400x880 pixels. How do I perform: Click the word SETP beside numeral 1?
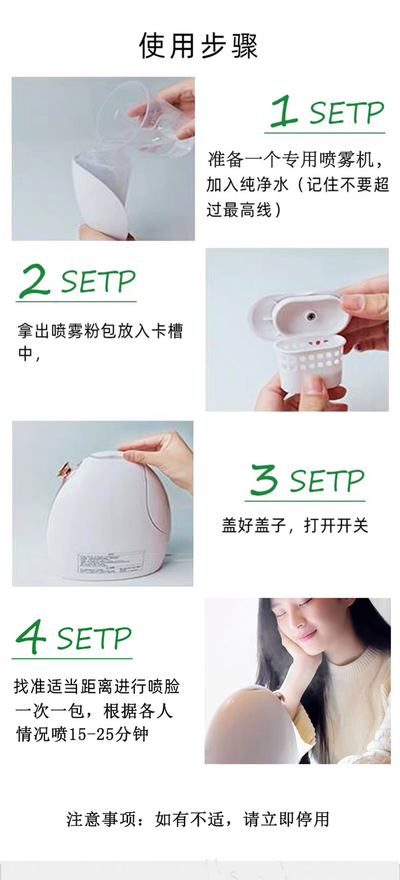click(x=347, y=113)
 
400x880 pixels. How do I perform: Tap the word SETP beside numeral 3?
click(x=327, y=481)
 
